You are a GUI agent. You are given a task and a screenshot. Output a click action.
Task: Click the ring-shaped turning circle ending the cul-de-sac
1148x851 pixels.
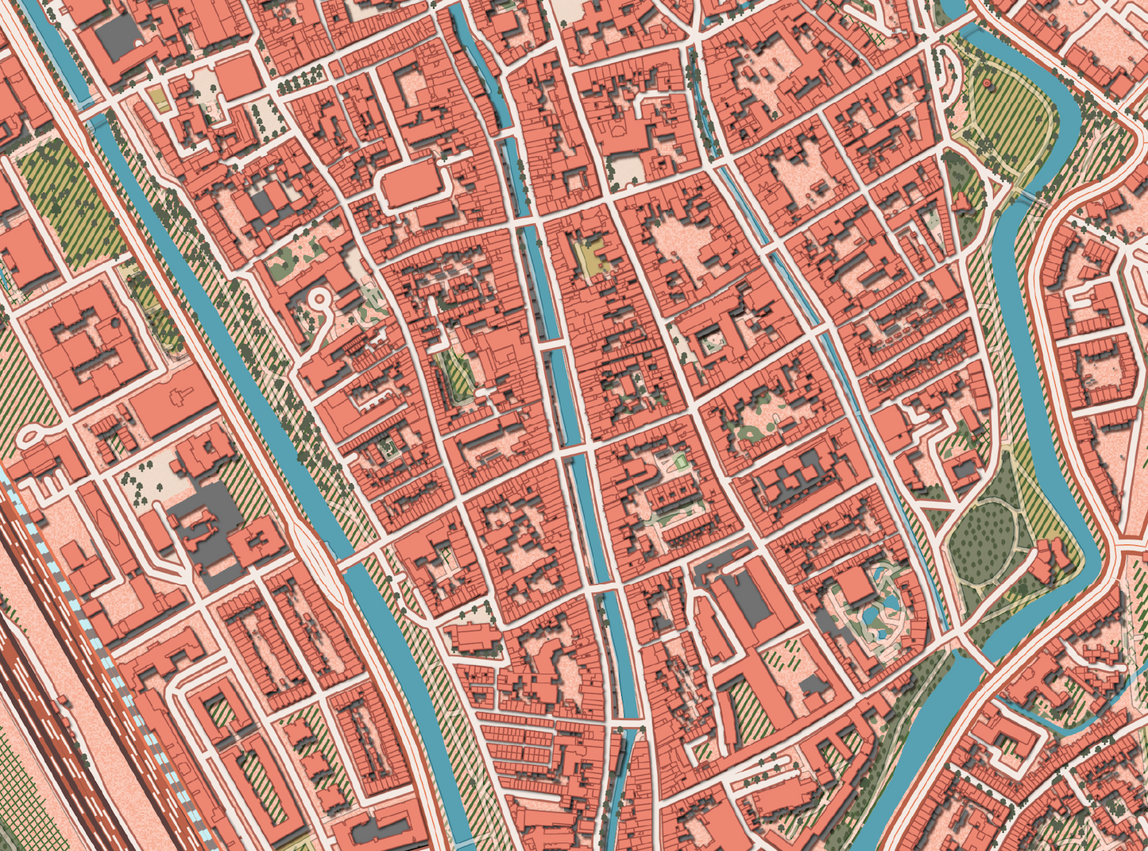pos(319,299)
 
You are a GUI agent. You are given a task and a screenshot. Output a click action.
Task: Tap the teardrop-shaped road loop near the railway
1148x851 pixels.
pos(29,434)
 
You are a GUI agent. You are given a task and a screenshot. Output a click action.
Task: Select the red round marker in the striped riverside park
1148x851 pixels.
pos(988,83)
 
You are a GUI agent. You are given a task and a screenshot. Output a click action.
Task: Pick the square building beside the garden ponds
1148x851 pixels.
pos(855,586)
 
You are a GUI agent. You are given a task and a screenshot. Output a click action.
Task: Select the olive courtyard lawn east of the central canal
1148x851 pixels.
pos(589,257)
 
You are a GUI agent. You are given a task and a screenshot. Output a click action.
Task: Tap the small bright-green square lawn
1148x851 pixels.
pos(678,461)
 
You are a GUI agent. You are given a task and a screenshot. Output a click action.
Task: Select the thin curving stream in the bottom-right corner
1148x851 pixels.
pos(1057,719)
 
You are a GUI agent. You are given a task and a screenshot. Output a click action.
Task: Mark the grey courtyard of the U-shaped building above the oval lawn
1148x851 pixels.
pos(966,469)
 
